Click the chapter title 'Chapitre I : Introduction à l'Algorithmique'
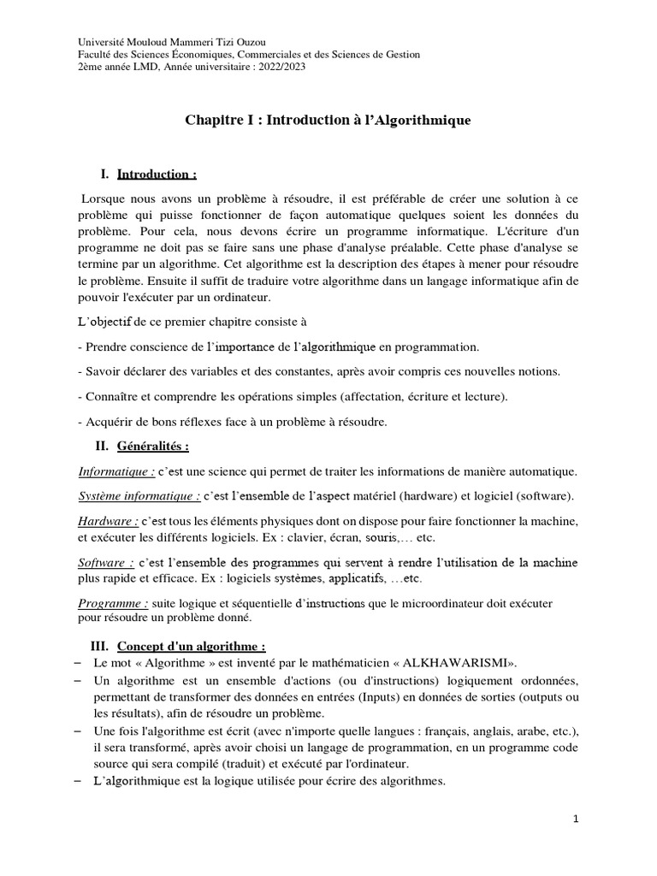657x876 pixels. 328,121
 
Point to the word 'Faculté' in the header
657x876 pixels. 96,55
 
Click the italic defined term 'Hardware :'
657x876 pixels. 109,521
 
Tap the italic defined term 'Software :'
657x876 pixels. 106,562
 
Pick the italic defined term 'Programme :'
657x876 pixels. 110,603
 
